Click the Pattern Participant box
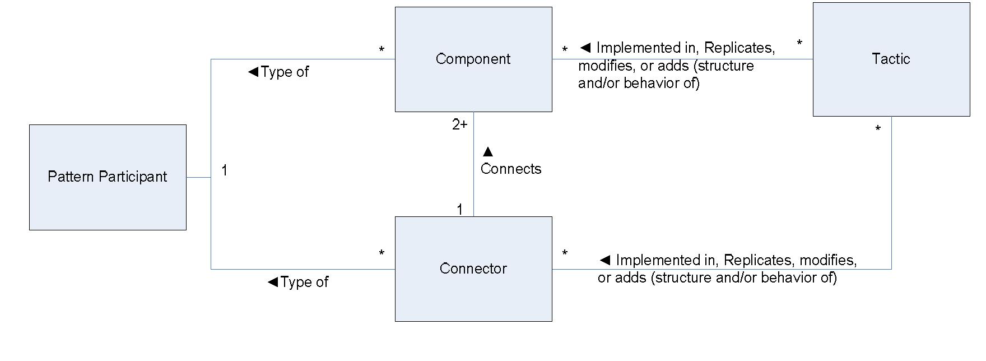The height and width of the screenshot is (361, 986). point(108,177)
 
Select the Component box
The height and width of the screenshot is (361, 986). point(473,59)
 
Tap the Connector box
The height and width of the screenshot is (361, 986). point(473,269)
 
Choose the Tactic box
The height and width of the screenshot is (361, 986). point(891,59)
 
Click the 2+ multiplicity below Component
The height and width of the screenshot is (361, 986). point(459,125)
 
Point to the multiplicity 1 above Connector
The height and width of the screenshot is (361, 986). point(459,210)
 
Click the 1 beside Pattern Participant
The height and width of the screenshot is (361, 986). point(224,170)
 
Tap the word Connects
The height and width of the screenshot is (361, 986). point(510,169)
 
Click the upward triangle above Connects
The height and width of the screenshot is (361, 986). point(487,152)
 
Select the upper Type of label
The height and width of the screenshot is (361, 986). point(278,72)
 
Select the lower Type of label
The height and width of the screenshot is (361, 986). point(298,283)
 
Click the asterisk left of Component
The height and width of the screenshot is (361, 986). point(382,50)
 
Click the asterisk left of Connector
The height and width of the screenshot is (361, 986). point(382,253)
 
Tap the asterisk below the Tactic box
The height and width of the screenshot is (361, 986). point(878,129)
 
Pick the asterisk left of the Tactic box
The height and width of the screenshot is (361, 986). point(799,43)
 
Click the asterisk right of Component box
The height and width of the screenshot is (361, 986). point(565,50)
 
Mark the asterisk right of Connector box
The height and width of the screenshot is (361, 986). point(565,253)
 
